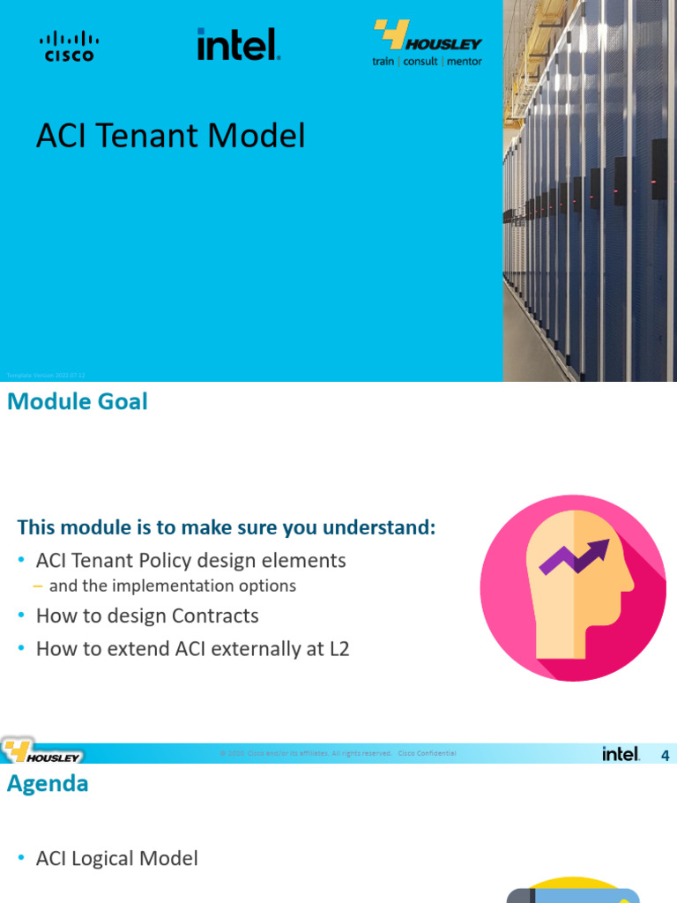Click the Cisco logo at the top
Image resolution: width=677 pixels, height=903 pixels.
tap(69, 46)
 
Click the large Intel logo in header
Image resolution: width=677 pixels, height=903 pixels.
tap(238, 44)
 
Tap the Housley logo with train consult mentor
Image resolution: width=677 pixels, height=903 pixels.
tap(428, 44)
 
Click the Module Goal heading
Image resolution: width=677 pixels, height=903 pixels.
tap(78, 402)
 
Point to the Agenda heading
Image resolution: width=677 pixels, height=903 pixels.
tap(48, 783)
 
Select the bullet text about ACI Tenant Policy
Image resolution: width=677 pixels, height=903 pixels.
tap(190, 560)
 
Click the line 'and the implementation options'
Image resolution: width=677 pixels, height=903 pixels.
tap(172, 586)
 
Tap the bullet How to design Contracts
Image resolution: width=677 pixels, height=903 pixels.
tap(147, 616)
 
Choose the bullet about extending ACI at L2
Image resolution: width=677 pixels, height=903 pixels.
tap(192, 649)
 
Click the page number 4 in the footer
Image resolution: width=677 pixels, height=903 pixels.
tap(666, 755)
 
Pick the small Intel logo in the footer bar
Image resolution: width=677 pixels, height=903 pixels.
tap(621, 754)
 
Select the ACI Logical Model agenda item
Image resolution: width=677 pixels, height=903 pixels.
tap(116, 858)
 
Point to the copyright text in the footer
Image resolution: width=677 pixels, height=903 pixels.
tap(338, 754)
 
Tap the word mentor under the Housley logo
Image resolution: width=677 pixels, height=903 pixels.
tap(464, 62)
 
